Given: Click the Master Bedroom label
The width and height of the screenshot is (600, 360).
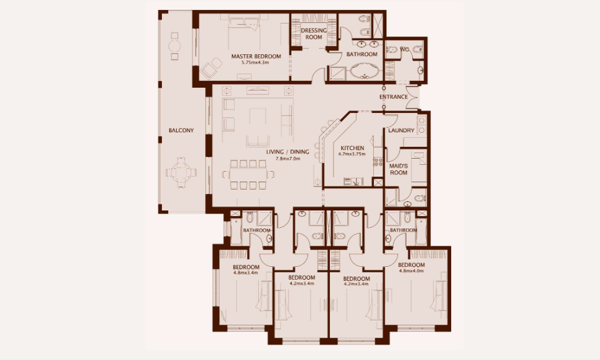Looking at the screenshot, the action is [256, 56].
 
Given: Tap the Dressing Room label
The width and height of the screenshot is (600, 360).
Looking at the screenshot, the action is [314, 34].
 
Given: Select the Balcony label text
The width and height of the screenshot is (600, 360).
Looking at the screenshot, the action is [182, 130].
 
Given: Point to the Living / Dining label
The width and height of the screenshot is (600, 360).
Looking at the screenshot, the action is [288, 152].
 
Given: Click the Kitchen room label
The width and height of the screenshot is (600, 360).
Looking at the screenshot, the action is [352, 148].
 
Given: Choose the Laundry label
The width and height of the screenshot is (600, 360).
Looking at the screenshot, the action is [402, 130].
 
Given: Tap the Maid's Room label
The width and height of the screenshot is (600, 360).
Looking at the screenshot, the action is [399, 169].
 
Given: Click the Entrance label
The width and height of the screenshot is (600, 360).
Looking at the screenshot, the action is [394, 97].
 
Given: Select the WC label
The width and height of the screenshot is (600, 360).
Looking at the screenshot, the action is [405, 49].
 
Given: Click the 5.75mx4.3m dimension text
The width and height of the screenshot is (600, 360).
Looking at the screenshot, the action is [255, 62].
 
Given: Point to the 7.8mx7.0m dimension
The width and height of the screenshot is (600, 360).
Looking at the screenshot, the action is [288, 158].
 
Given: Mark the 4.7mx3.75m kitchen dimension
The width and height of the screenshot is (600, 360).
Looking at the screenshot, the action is [352, 154].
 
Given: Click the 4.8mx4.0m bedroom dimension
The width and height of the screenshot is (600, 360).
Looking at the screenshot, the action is [412, 271].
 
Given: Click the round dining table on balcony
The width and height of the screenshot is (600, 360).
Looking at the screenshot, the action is [181, 172].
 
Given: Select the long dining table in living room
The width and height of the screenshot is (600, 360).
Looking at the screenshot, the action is [250, 175].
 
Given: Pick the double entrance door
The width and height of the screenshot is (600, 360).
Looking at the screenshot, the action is [413, 97].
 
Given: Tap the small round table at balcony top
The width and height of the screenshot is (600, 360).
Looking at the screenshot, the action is [174, 46].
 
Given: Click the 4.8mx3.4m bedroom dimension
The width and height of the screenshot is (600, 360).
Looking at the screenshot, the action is [245, 273].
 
